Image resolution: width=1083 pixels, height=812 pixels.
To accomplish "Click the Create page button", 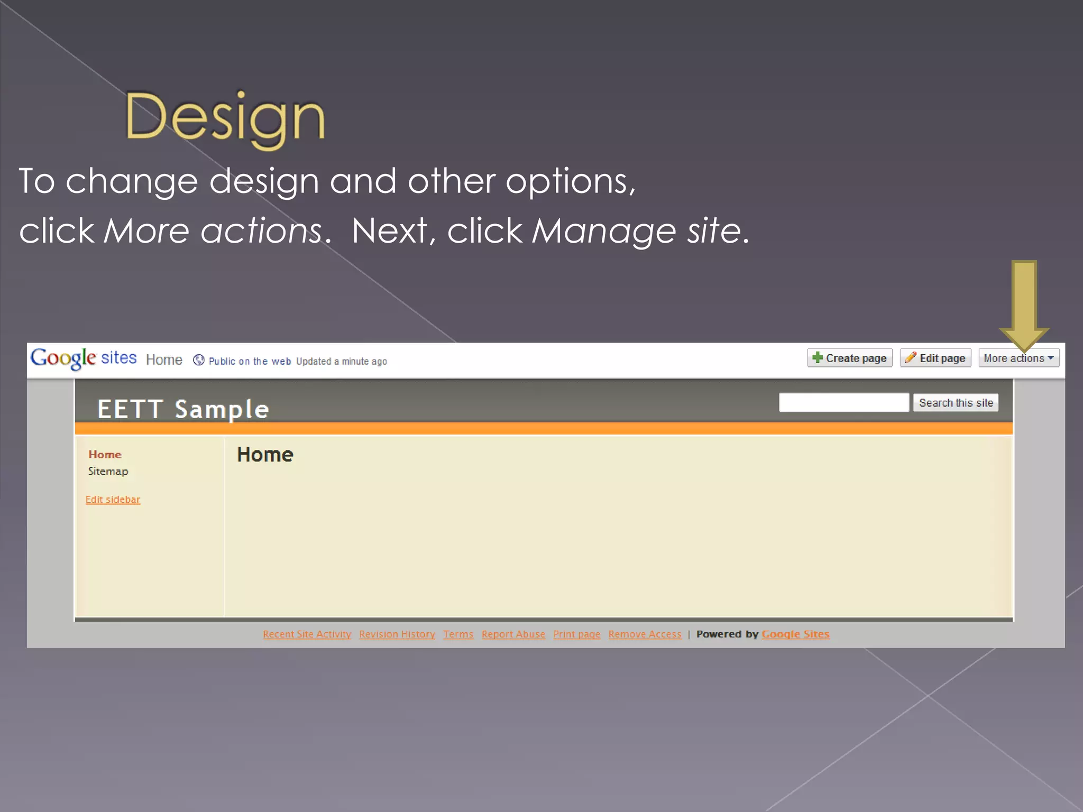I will coord(849,358).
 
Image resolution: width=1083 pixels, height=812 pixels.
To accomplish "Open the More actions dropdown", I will coord(1018,358).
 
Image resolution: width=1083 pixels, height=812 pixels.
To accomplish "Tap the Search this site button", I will coord(956,403).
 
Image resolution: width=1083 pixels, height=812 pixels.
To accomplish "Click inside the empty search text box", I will coord(843,403).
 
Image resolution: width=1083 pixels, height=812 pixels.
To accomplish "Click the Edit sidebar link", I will coord(113,500).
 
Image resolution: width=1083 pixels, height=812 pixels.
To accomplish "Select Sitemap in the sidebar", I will coord(108,471).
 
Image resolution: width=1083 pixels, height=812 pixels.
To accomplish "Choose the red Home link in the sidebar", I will coord(105,455).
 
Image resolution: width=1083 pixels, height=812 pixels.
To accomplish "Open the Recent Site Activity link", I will coord(307,634).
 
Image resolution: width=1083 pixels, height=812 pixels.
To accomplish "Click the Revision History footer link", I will coord(397,634).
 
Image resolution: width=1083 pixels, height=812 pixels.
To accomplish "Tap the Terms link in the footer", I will coord(458,634).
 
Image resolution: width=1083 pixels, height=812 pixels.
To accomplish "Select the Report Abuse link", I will coord(513,634).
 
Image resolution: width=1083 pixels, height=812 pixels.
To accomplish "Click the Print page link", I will coord(576,634).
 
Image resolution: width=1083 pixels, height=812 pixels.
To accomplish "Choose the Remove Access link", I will coord(645,634).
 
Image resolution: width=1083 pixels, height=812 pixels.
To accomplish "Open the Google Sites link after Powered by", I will coord(795,634).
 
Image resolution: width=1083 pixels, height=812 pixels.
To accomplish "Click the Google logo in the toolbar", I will coord(63,358).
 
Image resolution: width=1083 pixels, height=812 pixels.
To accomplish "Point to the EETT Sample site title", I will coord(183,409).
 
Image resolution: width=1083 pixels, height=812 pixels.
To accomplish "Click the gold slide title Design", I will coord(225,117).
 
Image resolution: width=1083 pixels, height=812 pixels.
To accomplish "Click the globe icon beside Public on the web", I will coord(198,360).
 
